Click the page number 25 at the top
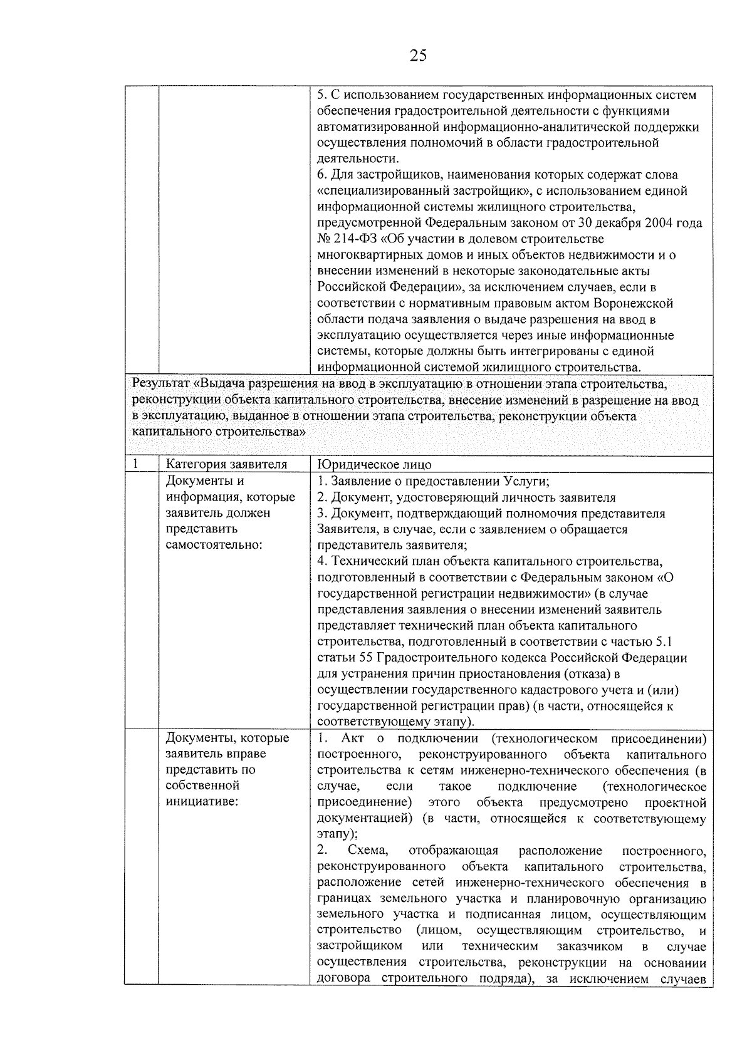418,56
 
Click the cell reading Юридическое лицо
374,465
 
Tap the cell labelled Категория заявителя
226,465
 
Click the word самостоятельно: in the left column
213,545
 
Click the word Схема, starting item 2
368,851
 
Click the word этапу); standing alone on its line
338,834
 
